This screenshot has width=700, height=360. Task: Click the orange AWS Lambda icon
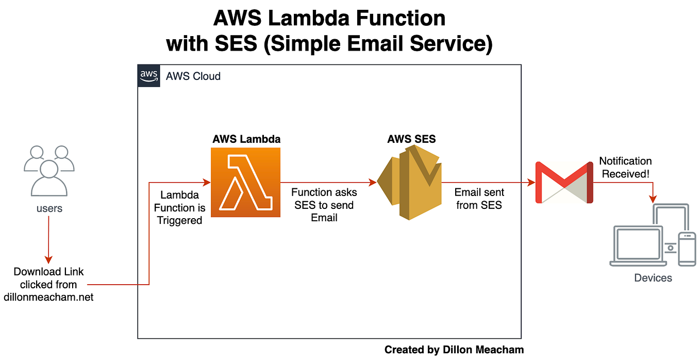click(245, 182)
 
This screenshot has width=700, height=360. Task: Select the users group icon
click(49, 169)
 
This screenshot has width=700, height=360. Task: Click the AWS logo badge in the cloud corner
click(148, 76)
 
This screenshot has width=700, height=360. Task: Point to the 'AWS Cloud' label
click(193, 76)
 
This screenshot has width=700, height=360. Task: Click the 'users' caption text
click(49, 208)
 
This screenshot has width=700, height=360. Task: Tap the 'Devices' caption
click(653, 278)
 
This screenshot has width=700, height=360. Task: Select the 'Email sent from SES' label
click(479, 199)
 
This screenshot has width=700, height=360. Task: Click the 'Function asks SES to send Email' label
click(324, 205)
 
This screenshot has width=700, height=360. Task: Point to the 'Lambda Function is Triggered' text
click(179, 208)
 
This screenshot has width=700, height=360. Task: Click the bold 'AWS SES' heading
click(411, 140)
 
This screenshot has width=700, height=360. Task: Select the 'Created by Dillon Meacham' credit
click(454, 350)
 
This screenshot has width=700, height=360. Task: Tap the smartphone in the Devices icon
click(687, 249)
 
